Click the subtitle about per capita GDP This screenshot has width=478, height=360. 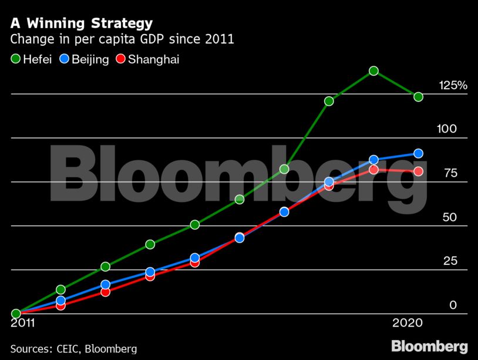tap(122, 41)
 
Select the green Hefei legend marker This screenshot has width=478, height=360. tap(16, 59)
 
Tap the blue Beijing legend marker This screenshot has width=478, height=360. tap(65, 59)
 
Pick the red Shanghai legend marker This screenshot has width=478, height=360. tap(121, 59)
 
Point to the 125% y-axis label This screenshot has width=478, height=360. tap(453, 86)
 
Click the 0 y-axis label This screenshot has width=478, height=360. tap(453, 305)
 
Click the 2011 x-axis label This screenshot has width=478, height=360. tap(23, 323)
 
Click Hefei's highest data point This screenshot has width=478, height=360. tap(373, 71)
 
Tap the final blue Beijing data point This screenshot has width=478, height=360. tap(418, 153)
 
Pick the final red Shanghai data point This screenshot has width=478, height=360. tap(418, 171)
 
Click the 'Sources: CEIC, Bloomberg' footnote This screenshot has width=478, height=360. tap(73, 349)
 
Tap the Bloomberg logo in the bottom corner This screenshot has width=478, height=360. tap(429, 346)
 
